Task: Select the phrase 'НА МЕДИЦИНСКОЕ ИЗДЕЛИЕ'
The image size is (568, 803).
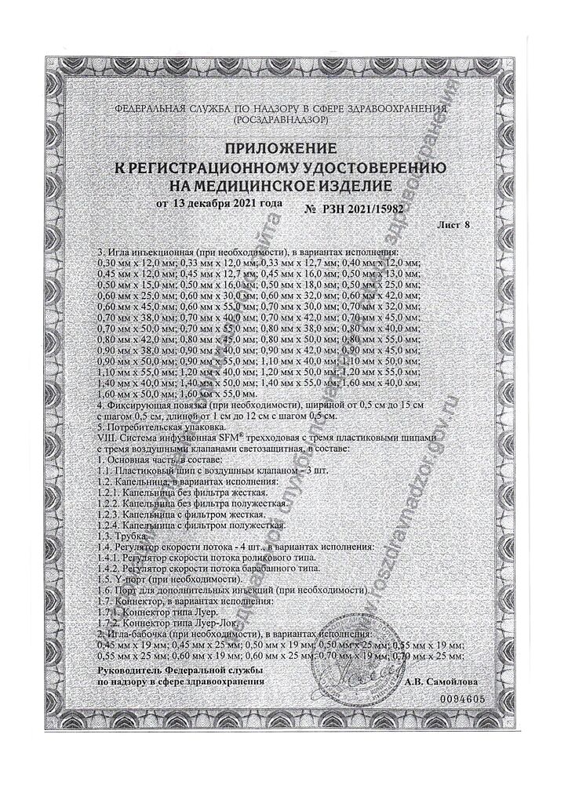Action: [x=280, y=187]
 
